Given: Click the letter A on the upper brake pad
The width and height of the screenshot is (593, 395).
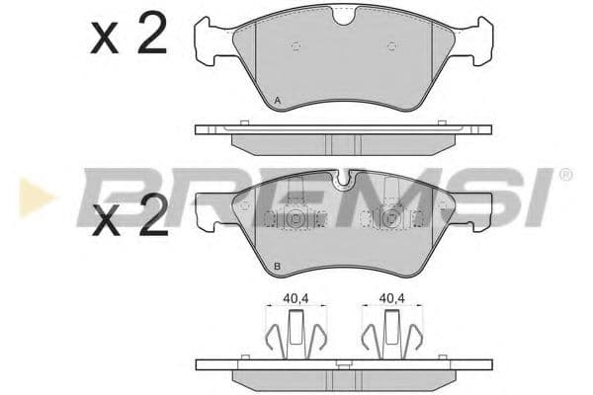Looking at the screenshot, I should coord(278,102).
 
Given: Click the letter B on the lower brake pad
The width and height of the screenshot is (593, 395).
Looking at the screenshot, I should coord(277,268).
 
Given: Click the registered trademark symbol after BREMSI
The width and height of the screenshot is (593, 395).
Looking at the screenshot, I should coord(565,175).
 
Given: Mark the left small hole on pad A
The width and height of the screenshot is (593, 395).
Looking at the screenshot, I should coord(296,45).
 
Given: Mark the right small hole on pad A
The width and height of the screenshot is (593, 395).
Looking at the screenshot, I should coord(391,45).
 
